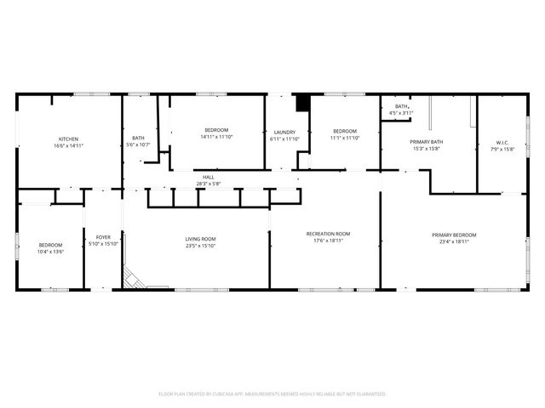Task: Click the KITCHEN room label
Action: coord(69,139)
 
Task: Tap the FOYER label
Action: coord(103,237)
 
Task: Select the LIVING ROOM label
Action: coord(201,239)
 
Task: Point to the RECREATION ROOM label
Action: coord(328,234)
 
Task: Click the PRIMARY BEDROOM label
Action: coord(453,235)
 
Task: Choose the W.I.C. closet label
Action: coord(502,142)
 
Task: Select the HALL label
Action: coord(208,177)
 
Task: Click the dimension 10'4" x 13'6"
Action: coord(50,252)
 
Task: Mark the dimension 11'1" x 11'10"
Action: coord(345,138)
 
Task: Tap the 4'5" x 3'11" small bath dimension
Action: coord(401,113)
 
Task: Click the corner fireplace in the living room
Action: coord(132,278)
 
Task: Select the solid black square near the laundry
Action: coord(301,102)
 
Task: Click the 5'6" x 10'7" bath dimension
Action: coord(138,144)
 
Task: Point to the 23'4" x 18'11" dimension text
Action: coord(453,241)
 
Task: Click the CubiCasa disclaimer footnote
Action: coord(272,394)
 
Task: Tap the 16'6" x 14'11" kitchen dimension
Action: coord(69,145)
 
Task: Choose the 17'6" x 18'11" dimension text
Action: coord(328,241)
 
